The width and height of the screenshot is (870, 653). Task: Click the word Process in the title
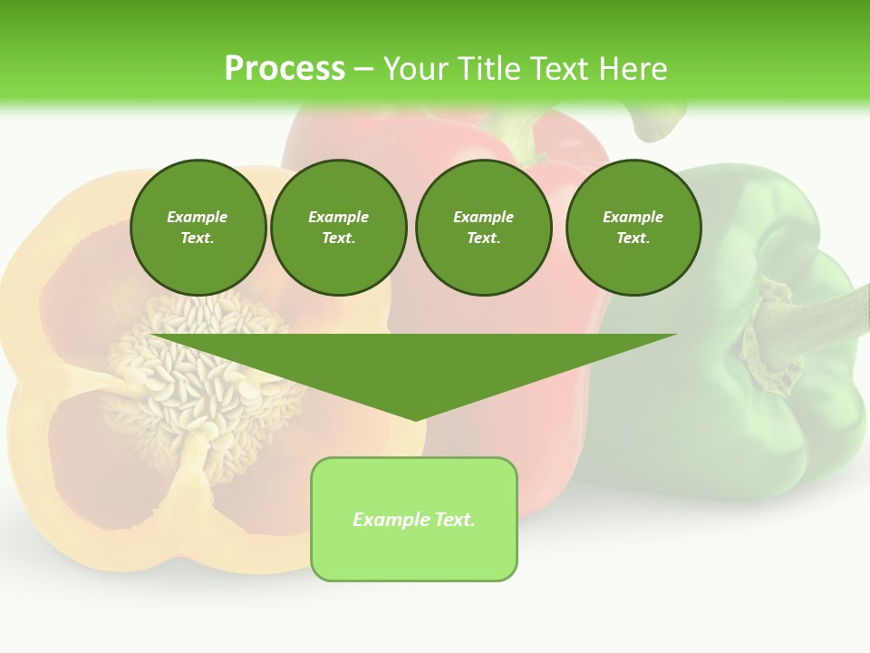tap(285, 69)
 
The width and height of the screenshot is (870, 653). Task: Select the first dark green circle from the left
tap(198, 228)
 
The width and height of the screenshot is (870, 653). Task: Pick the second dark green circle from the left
tap(338, 228)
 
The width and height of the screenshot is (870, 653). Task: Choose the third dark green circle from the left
tap(483, 228)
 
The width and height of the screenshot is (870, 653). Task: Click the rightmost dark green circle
tap(633, 228)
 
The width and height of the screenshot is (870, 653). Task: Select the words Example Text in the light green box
tap(414, 520)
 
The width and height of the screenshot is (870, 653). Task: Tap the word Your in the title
tap(416, 69)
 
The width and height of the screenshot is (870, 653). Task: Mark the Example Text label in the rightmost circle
tap(633, 228)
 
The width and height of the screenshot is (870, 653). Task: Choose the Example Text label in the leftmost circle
tap(198, 228)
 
